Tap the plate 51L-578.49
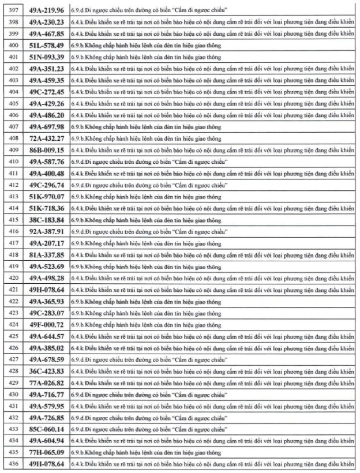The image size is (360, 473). tap(47, 44)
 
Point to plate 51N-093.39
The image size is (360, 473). tap(47, 57)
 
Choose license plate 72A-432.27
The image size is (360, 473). tap(47, 138)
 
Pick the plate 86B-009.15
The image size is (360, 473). tap(47, 150)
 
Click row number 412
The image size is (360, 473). tap(12, 185)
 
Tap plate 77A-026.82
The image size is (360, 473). tap(47, 384)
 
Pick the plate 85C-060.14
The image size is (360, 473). tap(47, 430)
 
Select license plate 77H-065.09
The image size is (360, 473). tap(47, 453)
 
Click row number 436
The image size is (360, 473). tap(12, 465)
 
